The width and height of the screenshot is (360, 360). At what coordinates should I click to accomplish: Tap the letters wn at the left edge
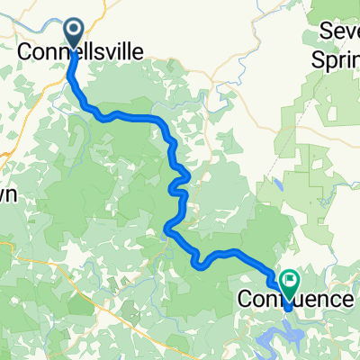tap(7, 195)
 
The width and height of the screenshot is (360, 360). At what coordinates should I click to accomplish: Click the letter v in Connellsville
tap(108, 54)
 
